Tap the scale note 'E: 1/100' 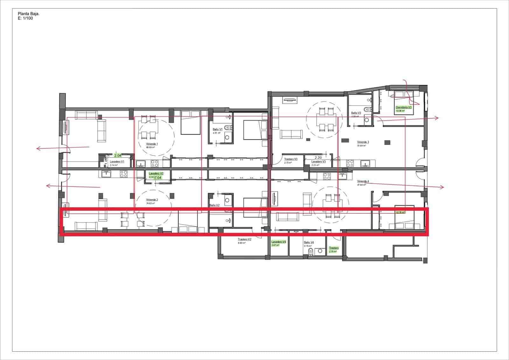click(x=26, y=18)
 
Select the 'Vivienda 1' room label click(x=152, y=144)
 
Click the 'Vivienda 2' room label click(x=152, y=200)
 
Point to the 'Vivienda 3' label click(x=363, y=142)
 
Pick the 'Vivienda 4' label click(x=363, y=181)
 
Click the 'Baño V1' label click(x=218, y=130)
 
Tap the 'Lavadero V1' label click(x=117, y=162)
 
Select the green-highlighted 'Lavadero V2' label click(x=156, y=173)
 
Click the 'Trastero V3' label click(x=291, y=159)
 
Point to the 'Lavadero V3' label click(x=318, y=161)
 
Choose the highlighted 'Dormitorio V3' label click(x=404, y=107)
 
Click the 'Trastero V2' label click(x=245, y=239)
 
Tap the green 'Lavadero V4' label click(x=279, y=242)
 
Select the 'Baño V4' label click(x=309, y=242)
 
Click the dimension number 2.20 click(x=318, y=157)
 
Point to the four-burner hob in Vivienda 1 click(x=155, y=164)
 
